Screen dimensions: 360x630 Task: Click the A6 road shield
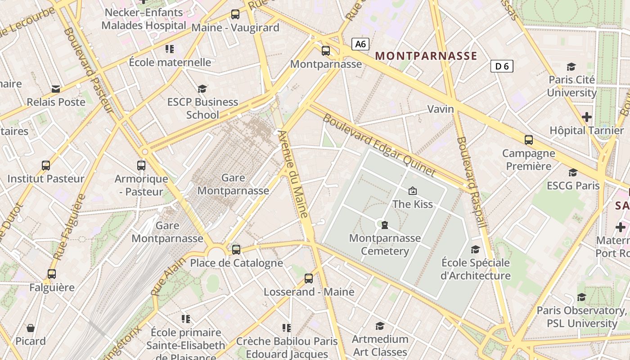coord(360,44)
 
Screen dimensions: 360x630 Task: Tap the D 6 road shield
coord(502,66)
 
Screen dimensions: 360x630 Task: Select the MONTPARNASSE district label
coord(426,56)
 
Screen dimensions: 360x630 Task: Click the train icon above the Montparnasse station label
coord(326,51)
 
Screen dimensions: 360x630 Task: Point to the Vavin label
coord(441,109)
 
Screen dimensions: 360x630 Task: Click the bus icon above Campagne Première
coord(529,140)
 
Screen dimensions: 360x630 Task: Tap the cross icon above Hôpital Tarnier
coord(586,117)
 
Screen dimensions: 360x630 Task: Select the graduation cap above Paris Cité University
coord(571,67)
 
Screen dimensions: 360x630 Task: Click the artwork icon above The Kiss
coord(412,191)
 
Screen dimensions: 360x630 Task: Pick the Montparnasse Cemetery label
coord(385,244)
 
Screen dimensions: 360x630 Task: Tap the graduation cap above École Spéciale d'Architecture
coord(475,249)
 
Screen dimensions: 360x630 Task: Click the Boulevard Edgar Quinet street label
coord(379,145)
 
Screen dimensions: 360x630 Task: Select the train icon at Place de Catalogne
coord(236,249)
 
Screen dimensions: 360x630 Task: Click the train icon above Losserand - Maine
coord(309,279)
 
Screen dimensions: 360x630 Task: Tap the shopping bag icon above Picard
coord(31,328)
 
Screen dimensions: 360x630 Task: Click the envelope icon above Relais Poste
coord(56,89)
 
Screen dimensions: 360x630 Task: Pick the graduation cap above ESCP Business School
coord(202,89)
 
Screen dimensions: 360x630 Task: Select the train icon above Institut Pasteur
coord(46,165)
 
